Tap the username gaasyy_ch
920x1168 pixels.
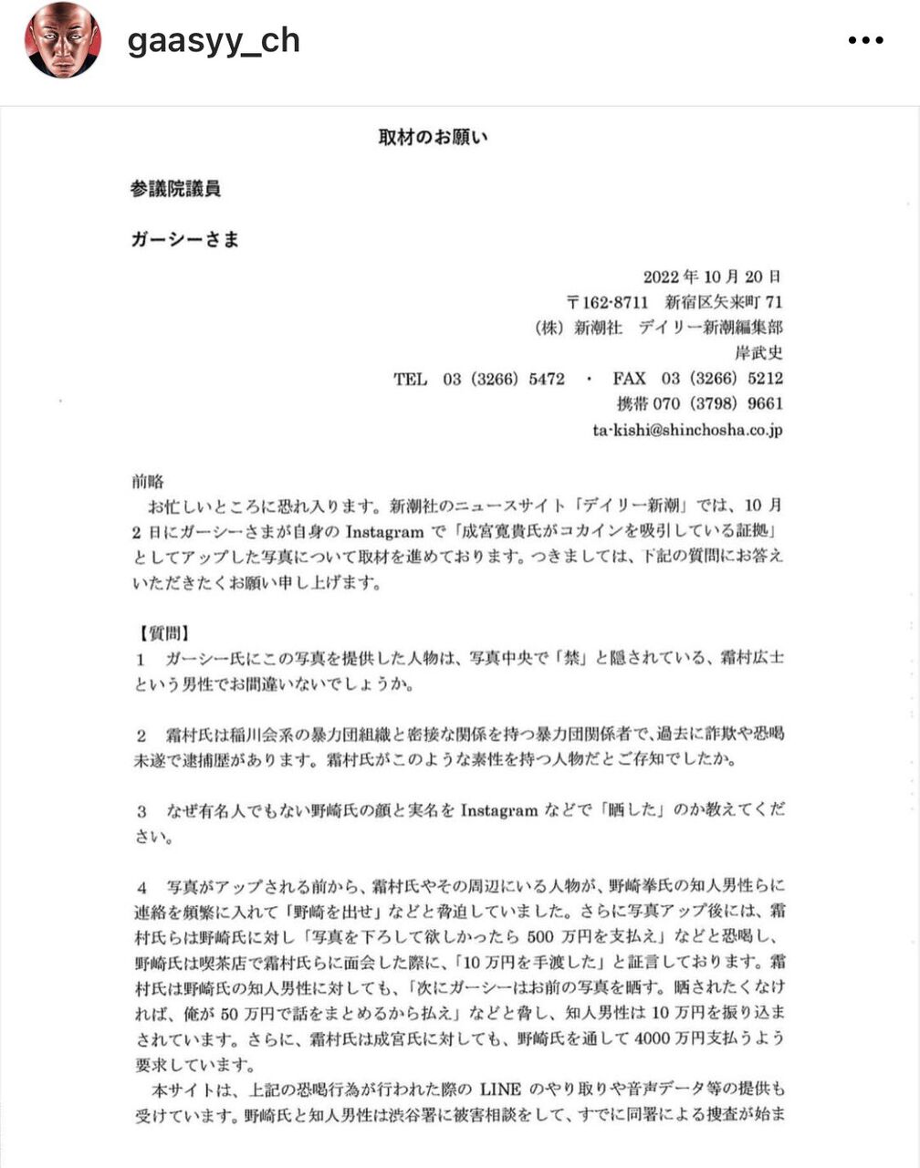pos(214,42)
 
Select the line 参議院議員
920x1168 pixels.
pos(175,189)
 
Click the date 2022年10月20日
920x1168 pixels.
pos(712,276)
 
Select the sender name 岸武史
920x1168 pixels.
pos(758,352)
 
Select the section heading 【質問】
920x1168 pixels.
pos(162,632)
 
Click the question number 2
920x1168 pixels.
pos(141,734)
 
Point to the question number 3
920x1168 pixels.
pos(141,810)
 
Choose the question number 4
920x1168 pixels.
pos(141,885)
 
